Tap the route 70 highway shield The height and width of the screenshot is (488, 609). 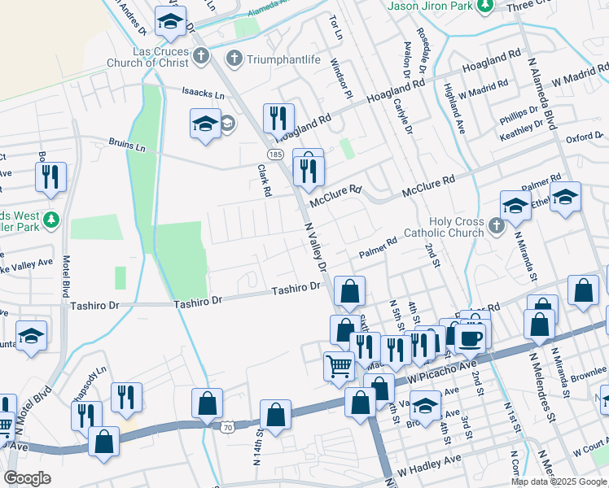227,425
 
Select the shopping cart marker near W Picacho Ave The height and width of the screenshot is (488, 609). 339,365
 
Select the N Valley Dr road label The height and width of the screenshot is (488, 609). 315,248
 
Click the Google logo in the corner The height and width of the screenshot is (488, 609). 28,477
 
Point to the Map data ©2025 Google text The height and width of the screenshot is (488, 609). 559,481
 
